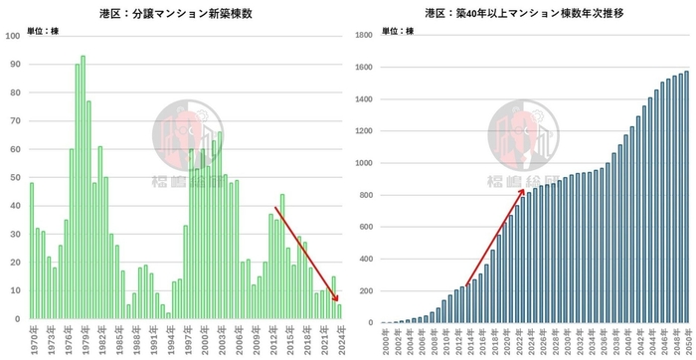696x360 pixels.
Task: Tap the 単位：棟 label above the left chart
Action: pos(43,32)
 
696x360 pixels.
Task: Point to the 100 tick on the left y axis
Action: pos(13,36)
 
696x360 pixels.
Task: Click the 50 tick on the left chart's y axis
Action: pos(14,177)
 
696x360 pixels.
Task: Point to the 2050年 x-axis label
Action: pos(686,341)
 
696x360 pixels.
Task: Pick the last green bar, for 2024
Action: pos(339,310)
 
